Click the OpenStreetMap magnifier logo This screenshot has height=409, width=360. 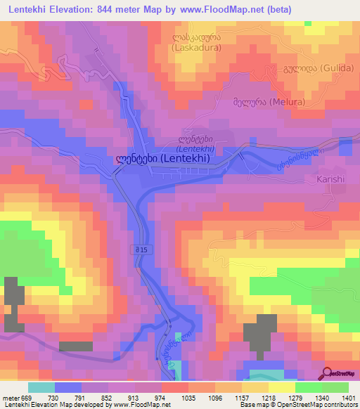click(x=327, y=372)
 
